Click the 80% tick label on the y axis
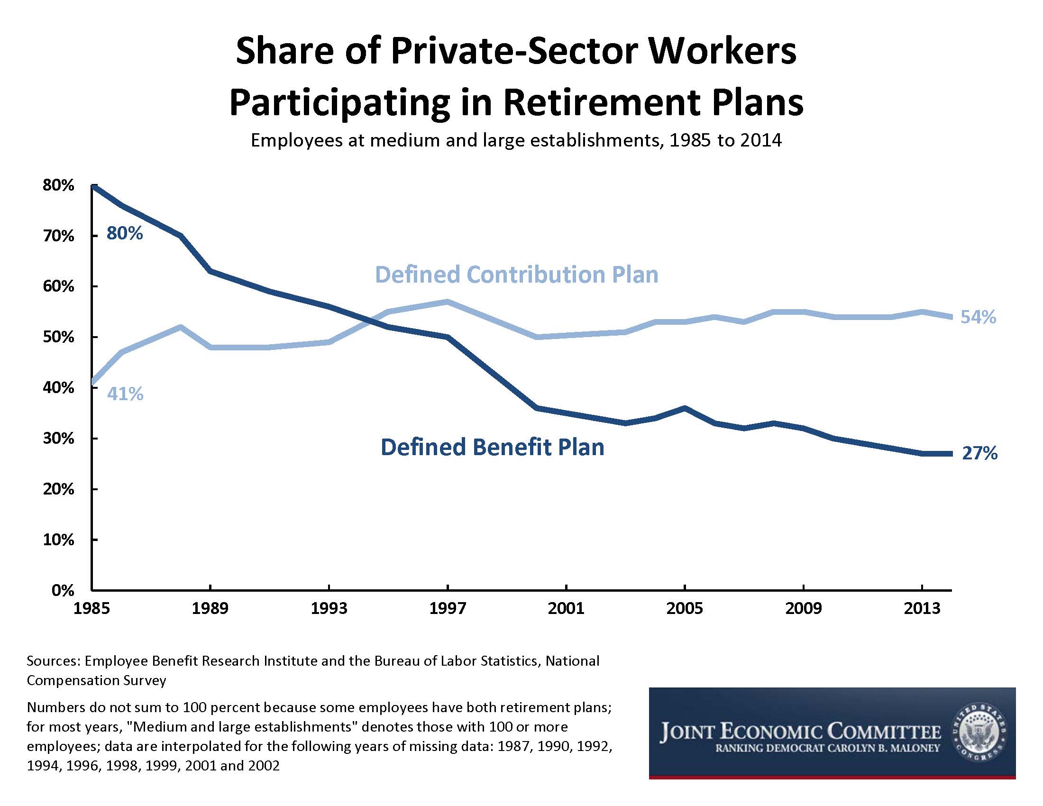point(58,185)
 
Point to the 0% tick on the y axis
point(63,591)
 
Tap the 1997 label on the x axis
point(447,608)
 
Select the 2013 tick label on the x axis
point(922,608)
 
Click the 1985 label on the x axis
point(91,608)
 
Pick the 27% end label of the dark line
point(979,453)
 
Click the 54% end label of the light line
point(978,317)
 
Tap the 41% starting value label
point(125,394)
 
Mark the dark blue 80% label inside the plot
point(125,233)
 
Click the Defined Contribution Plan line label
point(516,275)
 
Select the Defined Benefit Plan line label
point(493,448)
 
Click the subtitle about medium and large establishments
point(516,140)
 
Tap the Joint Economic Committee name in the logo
point(800,732)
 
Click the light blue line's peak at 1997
point(447,302)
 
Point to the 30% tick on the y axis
point(58,439)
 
